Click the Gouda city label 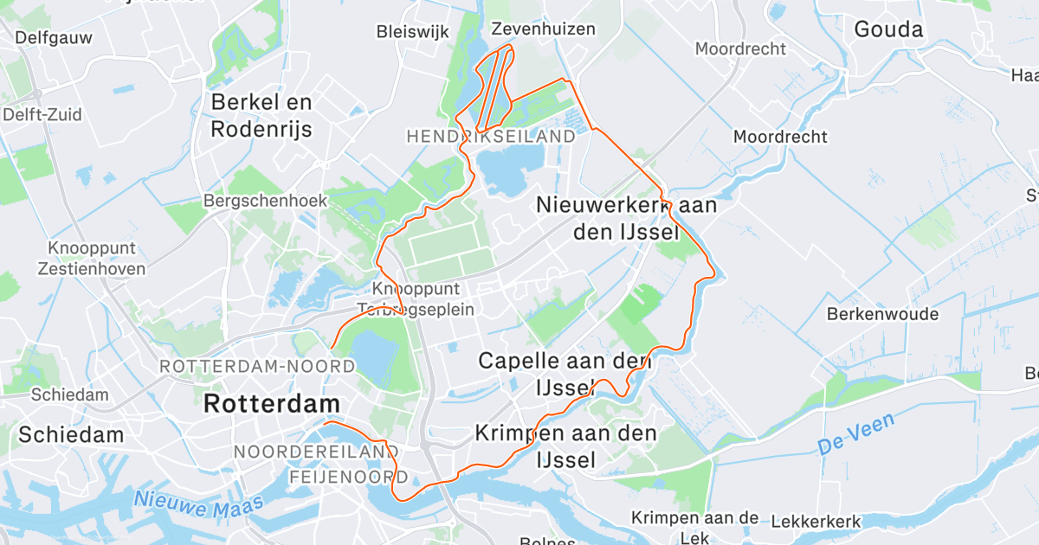pos(888,29)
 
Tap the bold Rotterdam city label pos(271,403)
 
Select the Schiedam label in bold pos(72,434)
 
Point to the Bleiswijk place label pos(412,32)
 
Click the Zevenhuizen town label pos(543,29)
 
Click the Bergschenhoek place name pos(265,201)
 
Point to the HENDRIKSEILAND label pos(490,137)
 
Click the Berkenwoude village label pos(883,314)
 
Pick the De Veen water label pos(855,434)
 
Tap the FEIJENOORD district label pos(342,478)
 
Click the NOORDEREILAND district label pos(315,452)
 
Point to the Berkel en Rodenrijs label pos(261,116)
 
